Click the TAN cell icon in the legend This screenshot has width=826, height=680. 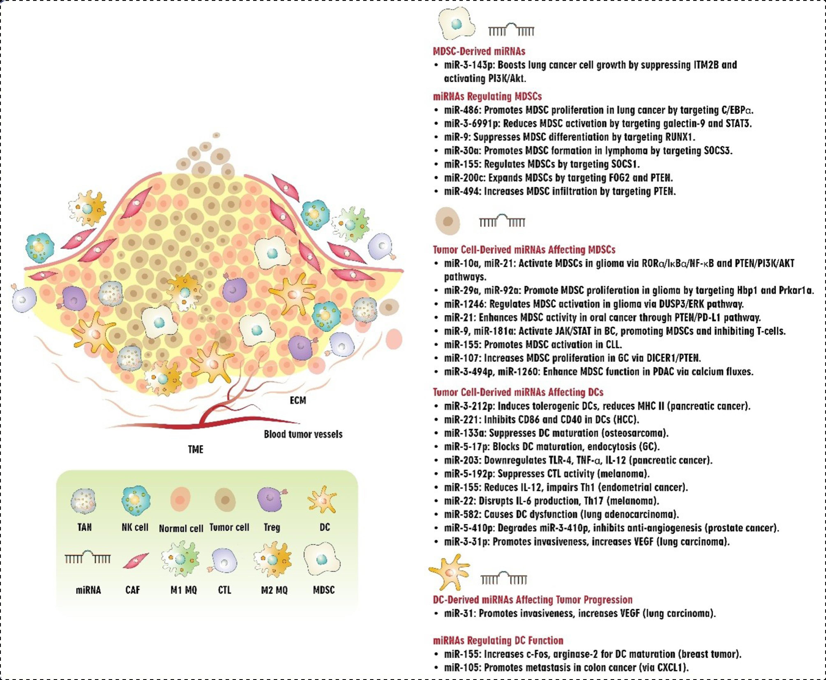tap(83, 501)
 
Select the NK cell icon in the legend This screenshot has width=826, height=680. tap(134, 501)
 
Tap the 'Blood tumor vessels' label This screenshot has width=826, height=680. tap(303, 434)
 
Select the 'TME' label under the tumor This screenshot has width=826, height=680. tap(196, 449)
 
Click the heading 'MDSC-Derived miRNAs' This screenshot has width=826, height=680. tap(479, 51)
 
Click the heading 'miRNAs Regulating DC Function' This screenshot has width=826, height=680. tap(498, 640)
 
